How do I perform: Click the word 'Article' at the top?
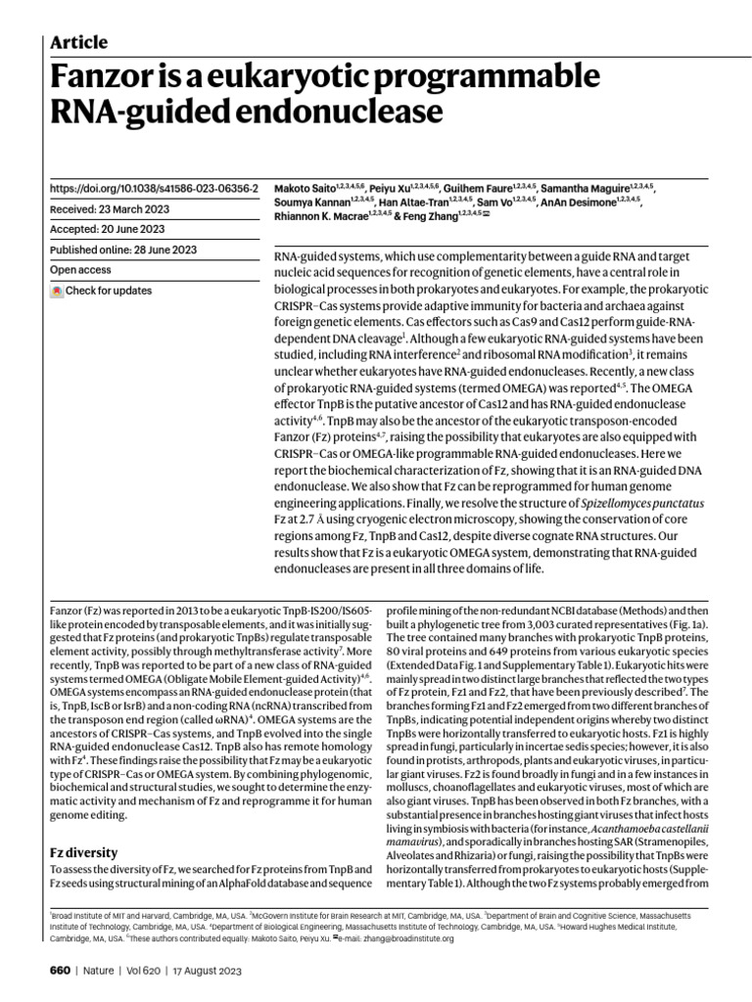click(x=78, y=42)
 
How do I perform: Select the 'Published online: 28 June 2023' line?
click(x=123, y=250)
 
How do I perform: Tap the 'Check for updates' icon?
click(x=57, y=291)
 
